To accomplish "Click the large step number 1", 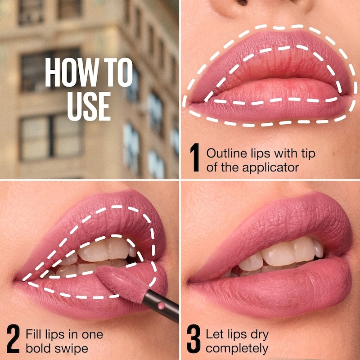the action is click(x=195, y=157).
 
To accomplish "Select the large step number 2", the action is click(x=13, y=339).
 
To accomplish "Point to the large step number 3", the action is click(x=193, y=339).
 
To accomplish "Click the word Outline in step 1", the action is click(x=227, y=153).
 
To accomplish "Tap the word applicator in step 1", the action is click(x=270, y=168).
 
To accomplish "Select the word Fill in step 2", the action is click(x=34, y=334).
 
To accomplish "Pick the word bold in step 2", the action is click(x=39, y=348).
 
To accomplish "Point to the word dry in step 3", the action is click(x=260, y=335).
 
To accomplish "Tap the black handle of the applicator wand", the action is click(x=161, y=306).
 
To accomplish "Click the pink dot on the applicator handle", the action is click(x=161, y=306).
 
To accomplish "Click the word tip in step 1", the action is click(x=308, y=153).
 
